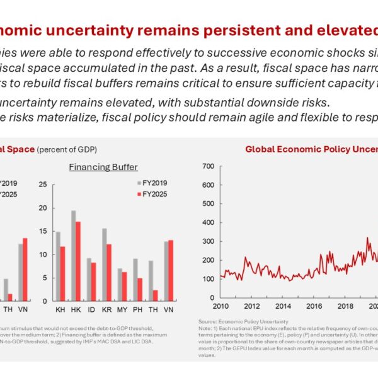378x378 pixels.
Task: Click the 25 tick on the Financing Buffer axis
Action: [43, 184]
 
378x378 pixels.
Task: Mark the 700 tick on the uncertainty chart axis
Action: [209, 166]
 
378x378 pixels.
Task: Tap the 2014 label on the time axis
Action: [283, 306]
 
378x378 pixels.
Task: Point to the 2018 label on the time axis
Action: [345, 306]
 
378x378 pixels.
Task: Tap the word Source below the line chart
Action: [207, 321]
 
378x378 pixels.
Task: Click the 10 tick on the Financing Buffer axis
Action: [43, 255]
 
